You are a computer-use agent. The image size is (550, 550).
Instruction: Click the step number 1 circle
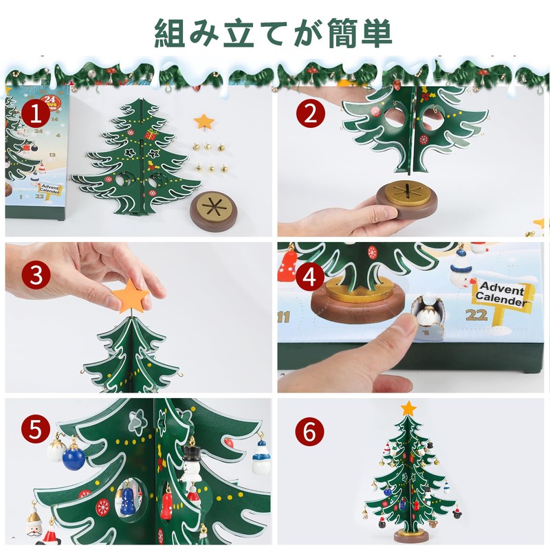click(34, 114)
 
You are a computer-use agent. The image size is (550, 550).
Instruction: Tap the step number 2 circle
click(310, 114)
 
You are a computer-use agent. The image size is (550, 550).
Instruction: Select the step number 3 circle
click(35, 276)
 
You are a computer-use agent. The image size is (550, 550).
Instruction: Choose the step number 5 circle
click(35, 430)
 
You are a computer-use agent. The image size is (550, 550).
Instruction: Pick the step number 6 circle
click(310, 431)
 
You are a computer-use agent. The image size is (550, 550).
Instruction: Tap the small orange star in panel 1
click(203, 122)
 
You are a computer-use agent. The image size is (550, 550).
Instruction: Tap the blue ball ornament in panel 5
click(72, 456)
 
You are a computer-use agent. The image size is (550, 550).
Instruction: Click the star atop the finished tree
click(408, 408)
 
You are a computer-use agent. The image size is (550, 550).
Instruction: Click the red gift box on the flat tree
click(151, 135)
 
